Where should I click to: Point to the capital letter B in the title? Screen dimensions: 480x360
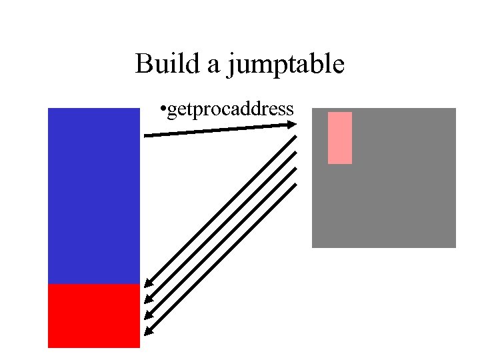143,65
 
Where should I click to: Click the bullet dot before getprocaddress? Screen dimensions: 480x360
163,109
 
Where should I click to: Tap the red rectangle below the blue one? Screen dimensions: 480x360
93,315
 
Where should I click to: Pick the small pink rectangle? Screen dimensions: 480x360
339,137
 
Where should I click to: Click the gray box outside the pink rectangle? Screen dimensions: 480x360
400,193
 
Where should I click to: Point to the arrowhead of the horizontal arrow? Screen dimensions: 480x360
293,123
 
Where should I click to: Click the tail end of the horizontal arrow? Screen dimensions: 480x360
145,137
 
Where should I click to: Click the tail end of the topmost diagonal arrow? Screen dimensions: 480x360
295,137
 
